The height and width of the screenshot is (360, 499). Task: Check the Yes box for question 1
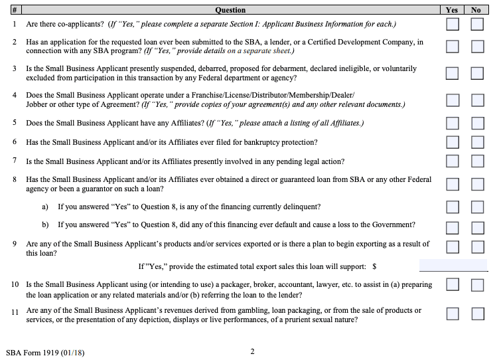(x=453, y=25)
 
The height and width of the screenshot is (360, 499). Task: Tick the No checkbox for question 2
(x=477, y=46)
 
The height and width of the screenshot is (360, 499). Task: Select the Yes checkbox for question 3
(x=453, y=73)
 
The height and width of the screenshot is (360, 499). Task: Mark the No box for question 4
(x=477, y=100)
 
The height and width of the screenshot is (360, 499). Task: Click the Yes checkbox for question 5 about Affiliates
(x=453, y=123)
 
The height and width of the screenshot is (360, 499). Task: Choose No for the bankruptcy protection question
(x=477, y=142)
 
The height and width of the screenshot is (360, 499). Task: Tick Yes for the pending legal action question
(x=453, y=161)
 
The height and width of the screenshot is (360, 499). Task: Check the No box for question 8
(x=477, y=184)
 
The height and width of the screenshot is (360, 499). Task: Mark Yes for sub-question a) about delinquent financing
(x=453, y=207)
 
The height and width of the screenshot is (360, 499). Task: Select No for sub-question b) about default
(x=477, y=225)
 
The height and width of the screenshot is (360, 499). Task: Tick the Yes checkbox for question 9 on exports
(x=453, y=247)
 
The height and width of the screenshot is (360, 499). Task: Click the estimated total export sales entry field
(x=453, y=266)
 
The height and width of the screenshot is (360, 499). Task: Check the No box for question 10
(x=477, y=285)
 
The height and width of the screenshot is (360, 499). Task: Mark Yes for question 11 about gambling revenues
(x=453, y=314)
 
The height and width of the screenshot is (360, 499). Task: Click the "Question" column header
(x=230, y=10)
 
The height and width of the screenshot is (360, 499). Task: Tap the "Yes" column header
(x=452, y=10)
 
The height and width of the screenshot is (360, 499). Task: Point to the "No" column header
(x=476, y=10)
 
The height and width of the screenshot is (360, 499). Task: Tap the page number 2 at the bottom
(x=252, y=351)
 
